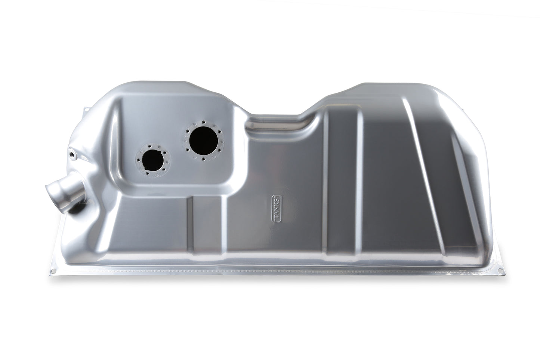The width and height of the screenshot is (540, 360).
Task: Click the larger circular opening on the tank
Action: (x=204, y=141)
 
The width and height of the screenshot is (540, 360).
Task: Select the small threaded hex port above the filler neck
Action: (x=72, y=154)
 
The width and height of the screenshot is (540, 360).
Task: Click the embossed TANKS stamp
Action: (x=277, y=209)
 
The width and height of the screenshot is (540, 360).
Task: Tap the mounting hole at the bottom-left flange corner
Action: (x=53, y=271)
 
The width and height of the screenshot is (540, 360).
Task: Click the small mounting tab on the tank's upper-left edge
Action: (x=85, y=111)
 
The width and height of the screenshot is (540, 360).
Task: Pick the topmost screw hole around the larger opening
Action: (x=204, y=122)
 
